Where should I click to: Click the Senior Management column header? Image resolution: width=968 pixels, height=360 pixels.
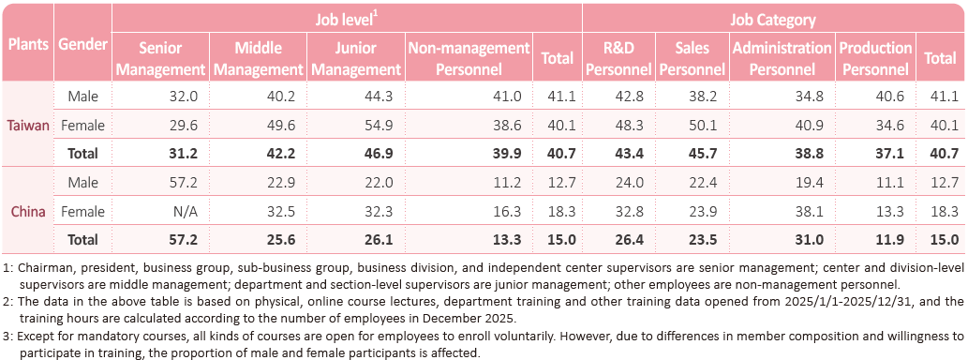(x=160, y=59)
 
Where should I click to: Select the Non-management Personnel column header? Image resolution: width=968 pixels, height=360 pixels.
(x=469, y=59)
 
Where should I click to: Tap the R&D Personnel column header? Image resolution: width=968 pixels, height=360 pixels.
(x=618, y=59)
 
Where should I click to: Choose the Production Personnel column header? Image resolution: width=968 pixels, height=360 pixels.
(x=875, y=59)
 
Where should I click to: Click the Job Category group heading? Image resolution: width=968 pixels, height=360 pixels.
(x=773, y=20)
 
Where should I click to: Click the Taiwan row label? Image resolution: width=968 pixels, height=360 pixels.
(x=28, y=126)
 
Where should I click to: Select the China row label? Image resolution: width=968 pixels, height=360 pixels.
(x=28, y=212)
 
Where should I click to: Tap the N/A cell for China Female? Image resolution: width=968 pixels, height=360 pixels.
(x=186, y=212)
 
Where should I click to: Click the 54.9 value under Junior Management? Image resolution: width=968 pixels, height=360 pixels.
(x=380, y=126)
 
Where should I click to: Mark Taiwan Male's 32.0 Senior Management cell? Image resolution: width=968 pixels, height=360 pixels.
(x=186, y=97)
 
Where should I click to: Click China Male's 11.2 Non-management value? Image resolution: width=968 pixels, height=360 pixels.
(x=510, y=183)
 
